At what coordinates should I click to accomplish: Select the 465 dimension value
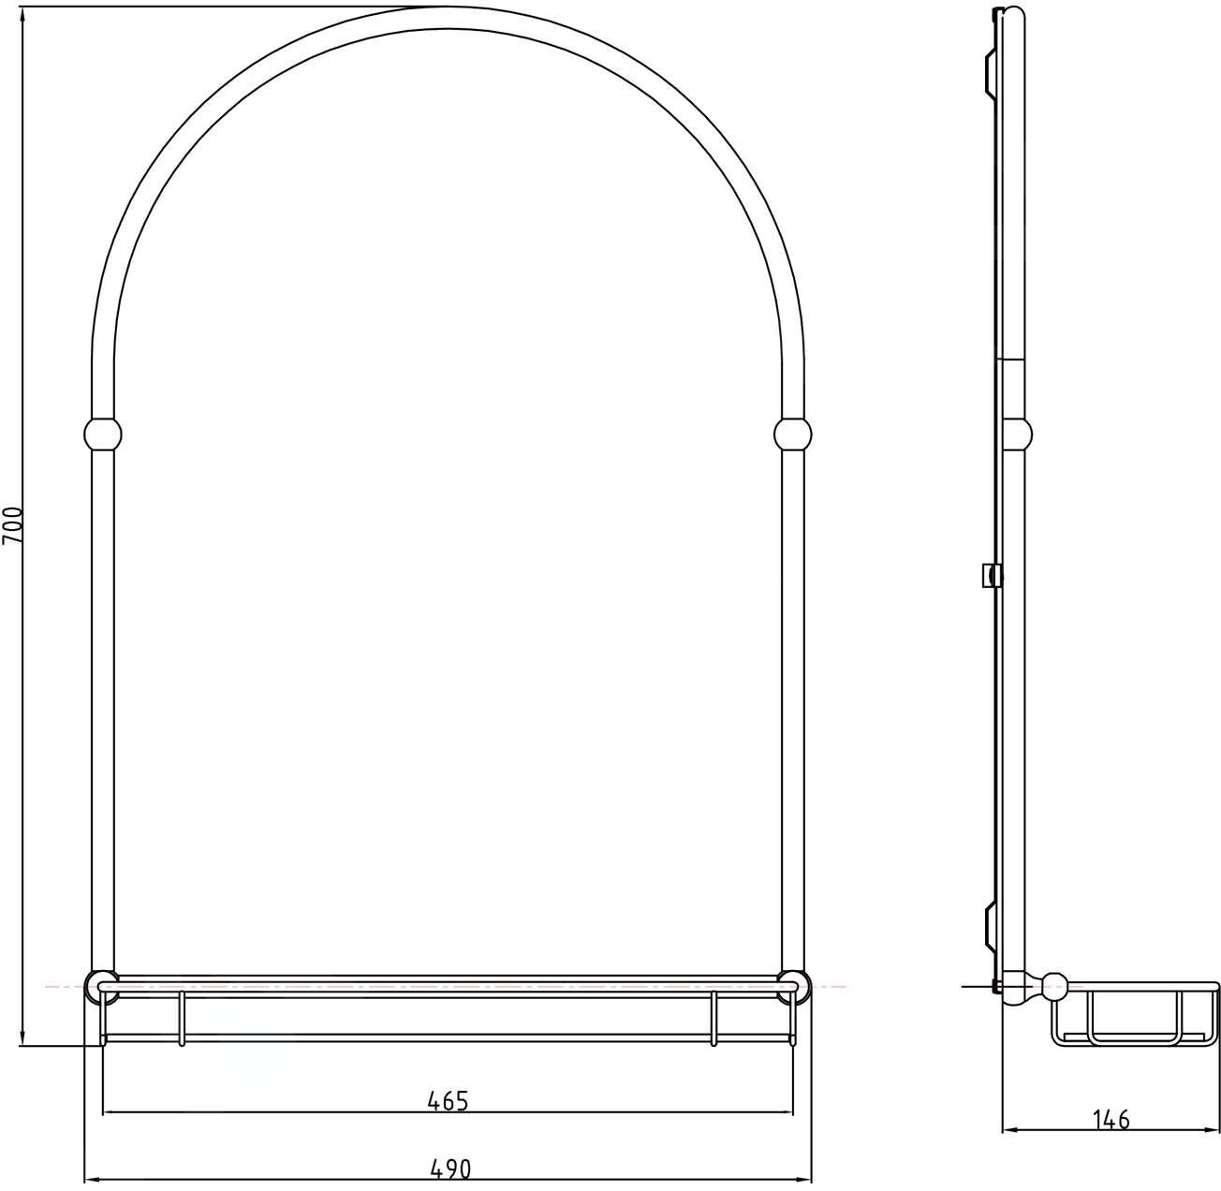click(x=448, y=1100)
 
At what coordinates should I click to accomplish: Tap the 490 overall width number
click(x=450, y=1169)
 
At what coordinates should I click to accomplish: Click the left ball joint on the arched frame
click(x=102, y=434)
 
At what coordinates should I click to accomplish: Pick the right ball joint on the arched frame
click(x=793, y=434)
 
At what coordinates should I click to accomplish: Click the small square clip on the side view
click(x=991, y=576)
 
